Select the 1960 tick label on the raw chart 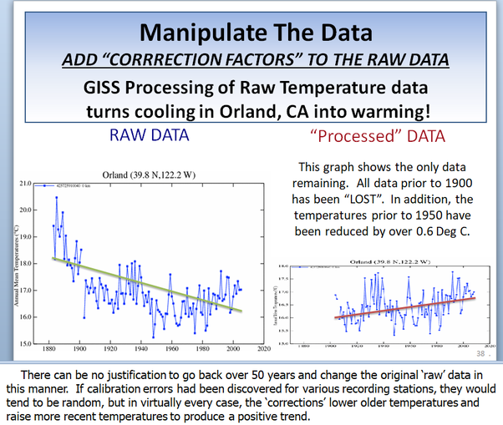[170, 351]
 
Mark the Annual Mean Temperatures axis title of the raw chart [9, 263]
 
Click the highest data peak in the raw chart [56, 197]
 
